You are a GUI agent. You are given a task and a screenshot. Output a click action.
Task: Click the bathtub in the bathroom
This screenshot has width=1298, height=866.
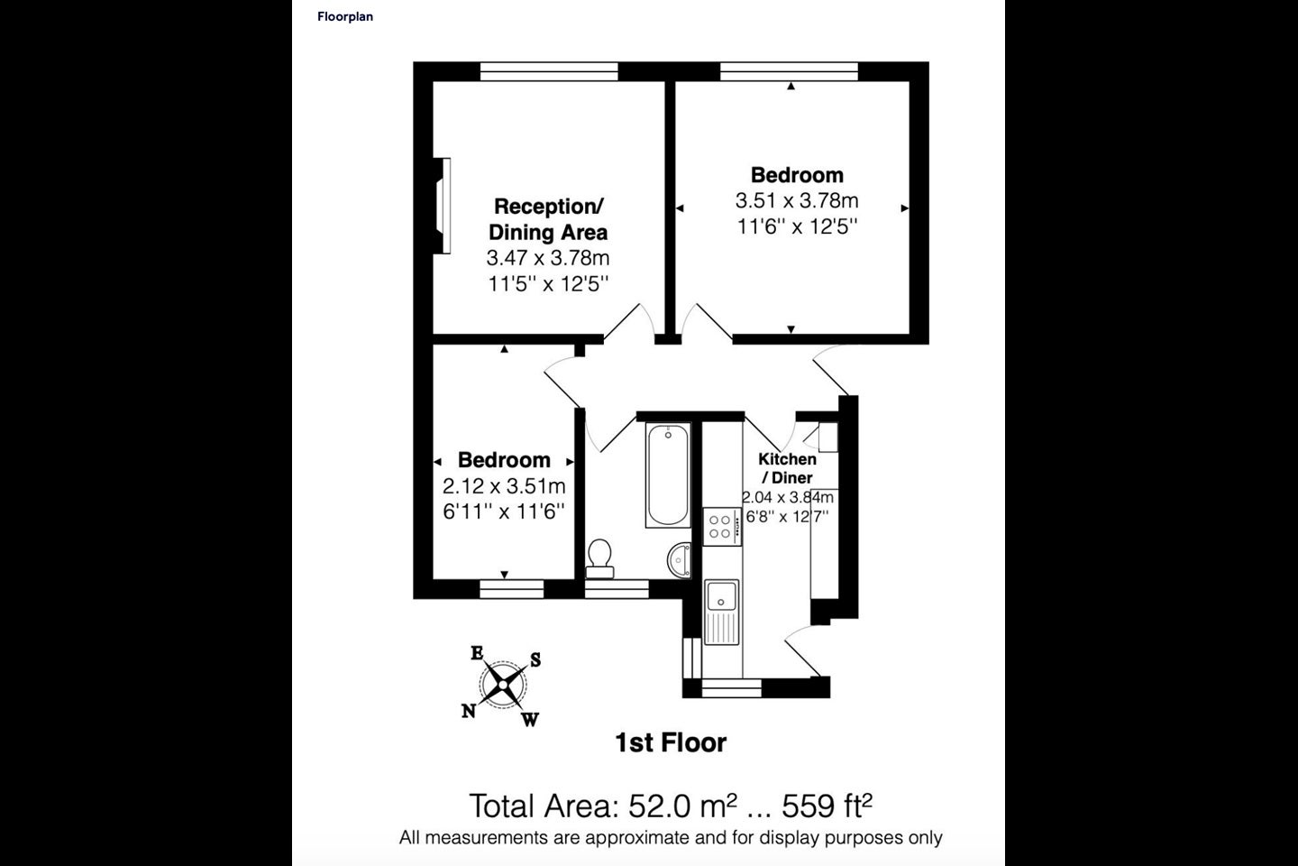(x=668, y=475)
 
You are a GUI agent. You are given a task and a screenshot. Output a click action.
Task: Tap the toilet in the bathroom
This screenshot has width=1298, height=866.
(x=599, y=558)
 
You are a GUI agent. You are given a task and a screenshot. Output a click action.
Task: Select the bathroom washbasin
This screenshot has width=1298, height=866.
(x=679, y=560)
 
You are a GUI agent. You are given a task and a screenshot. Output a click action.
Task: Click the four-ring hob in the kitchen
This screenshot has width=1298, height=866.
(x=722, y=527)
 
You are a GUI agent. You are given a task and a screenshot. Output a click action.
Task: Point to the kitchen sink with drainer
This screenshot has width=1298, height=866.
(x=721, y=612)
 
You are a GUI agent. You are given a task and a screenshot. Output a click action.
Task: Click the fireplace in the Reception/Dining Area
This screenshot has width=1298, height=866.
(x=442, y=206)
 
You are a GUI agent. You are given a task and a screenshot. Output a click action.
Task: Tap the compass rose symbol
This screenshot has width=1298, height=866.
(x=503, y=685)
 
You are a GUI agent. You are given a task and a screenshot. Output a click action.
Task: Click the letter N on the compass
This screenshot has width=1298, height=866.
(x=469, y=710)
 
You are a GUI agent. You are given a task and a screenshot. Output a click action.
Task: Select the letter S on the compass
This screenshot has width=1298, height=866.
(x=535, y=659)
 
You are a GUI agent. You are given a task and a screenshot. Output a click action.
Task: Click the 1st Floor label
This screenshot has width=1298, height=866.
(x=671, y=743)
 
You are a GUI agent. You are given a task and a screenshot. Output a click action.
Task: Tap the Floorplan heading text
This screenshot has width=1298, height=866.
(x=344, y=17)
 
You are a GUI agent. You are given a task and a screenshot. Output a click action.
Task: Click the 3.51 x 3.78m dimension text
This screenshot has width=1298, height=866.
(x=797, y=200)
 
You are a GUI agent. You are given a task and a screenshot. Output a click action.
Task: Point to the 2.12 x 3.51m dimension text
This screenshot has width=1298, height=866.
(x=504, y=486)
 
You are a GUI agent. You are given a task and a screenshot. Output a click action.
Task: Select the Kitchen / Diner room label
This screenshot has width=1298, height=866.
(x=788, y=468)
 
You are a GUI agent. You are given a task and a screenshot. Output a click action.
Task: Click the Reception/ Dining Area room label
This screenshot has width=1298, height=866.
(x=548, y=219)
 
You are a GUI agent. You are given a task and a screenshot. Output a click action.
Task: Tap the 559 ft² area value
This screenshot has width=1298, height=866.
(x=827, y=805)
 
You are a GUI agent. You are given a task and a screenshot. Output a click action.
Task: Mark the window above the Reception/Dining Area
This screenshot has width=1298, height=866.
(x=549, y=71)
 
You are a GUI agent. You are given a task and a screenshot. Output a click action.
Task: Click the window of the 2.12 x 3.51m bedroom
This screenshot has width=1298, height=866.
(x=512, y=589)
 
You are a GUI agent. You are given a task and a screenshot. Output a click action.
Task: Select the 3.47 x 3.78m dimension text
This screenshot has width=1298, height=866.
(x=548, y=257)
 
